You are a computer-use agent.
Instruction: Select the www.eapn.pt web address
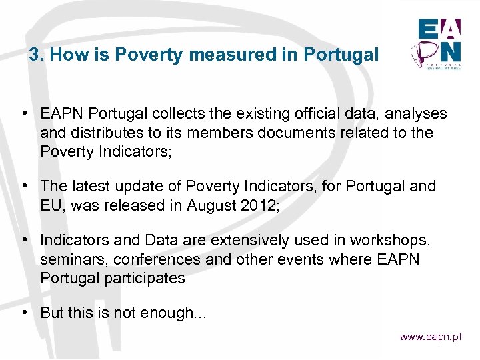(430, 337)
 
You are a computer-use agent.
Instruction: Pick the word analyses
(415, 115)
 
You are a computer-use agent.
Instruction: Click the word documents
(303, 133)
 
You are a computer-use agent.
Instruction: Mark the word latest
(89, 185)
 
